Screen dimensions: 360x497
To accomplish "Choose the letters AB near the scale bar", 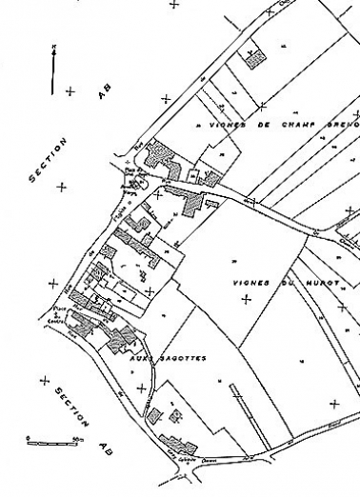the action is tap(107, 451).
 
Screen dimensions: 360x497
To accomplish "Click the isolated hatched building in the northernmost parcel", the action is tap(254, 57).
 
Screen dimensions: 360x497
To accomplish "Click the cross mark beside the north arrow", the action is tap(70, 91).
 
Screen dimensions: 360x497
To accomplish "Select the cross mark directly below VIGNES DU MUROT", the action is tap(247, 300).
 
